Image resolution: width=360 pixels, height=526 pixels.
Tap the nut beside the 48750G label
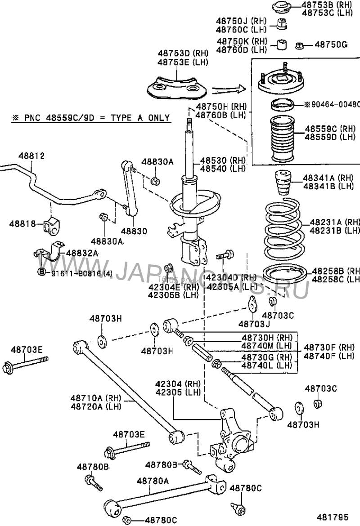tap(300, 45)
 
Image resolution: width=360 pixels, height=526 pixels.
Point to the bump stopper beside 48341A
tap(283, 183)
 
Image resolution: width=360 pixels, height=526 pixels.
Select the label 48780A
tap(153, 481)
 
